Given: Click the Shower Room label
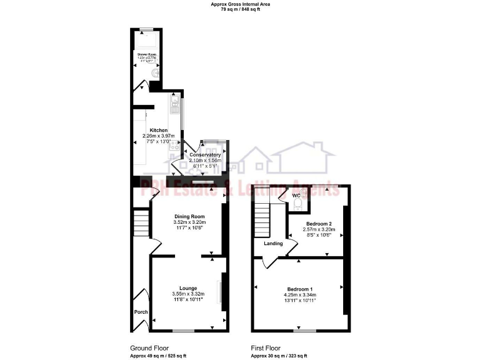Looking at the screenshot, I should (x=146, y=54).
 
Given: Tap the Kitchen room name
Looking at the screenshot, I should (x=159, y=130).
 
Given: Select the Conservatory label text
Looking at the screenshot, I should (x=205, y=155).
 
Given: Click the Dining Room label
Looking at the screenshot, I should (x=189, y=216).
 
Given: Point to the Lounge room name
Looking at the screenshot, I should (x=189, y=288).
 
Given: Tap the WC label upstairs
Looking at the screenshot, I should (x=297, y=196).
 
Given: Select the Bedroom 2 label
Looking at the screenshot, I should (x=319, y=224).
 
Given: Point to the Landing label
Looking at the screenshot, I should (x=273, y=244).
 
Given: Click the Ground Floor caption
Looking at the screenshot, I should (x=149, y=348).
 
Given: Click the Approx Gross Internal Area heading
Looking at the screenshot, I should (x=240, y=4).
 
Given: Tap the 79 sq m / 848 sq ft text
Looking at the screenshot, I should (x=240, y=9).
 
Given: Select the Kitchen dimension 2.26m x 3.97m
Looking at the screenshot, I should (x=159, y=136).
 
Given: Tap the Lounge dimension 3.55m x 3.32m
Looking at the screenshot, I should (x=189, y=294).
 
